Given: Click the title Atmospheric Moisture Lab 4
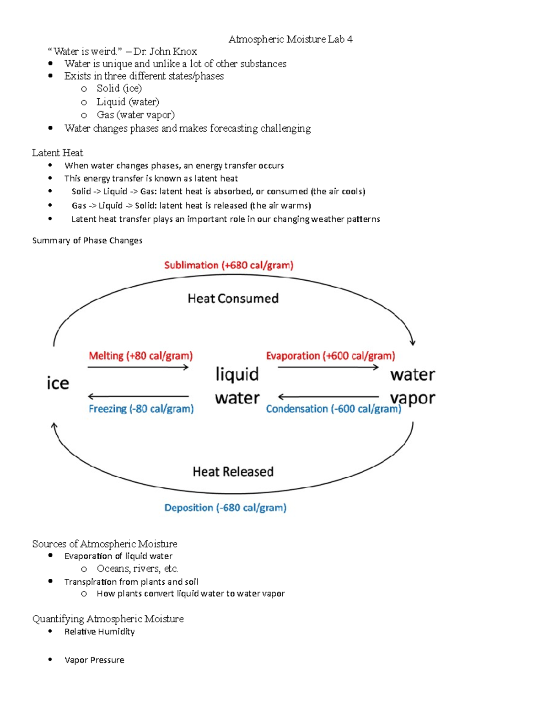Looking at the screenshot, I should coord(291,39).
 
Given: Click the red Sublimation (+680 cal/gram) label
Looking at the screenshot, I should coord(229,265).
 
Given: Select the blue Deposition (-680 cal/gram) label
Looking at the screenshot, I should coord(225,507).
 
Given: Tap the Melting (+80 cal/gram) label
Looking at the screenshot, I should coord(140,356).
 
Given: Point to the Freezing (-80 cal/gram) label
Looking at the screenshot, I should coord(141,409).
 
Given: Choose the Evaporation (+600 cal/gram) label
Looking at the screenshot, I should coord(330,356).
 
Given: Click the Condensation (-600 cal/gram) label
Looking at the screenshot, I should coord(334,409).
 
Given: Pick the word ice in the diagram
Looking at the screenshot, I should coord(58,383).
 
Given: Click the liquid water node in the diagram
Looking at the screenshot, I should coord(237,386).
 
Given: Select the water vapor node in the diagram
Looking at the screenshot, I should coord(412,386).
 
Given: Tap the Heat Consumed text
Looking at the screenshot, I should coord(233,299).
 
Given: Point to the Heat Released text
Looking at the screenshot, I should coord(233,472).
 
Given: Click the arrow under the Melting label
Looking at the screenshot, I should coord(138,367).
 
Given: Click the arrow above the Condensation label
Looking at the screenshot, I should coord(328,396).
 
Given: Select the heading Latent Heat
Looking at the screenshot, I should coord(58,153).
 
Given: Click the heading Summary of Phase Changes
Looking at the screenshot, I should coord(87,240).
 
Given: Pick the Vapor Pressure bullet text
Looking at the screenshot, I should coord(94,660).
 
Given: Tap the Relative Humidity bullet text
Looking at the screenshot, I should coord(99,631).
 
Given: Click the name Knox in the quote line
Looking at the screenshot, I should coord(185,52).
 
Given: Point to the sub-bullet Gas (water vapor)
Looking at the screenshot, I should coord(135,115).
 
